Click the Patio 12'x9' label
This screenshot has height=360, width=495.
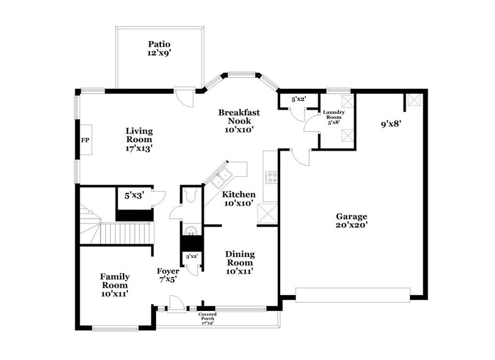(158, 49)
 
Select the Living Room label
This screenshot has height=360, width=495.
(139, 139)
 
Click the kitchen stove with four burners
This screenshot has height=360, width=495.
(271, 178)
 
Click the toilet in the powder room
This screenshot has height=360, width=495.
(190, 196)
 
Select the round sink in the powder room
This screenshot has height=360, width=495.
(190, 231)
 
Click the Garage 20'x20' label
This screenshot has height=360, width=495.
(351, 220)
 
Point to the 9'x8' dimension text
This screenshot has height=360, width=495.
(390, 124)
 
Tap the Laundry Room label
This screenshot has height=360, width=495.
(335, 117)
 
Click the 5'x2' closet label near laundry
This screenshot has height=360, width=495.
(298, 99)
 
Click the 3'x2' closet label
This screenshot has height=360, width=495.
(190, 257)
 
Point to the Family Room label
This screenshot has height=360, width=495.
(114, 285)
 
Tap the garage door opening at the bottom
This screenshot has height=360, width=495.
(352, 294)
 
